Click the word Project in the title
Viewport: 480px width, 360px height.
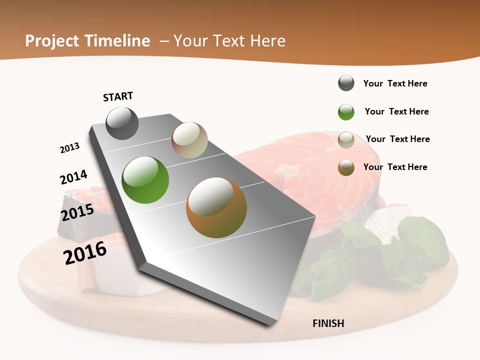pos(52,41)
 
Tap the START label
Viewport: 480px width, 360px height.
pos(118,96)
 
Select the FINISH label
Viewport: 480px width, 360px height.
pos(328,323)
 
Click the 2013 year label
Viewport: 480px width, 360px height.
pos(69,148)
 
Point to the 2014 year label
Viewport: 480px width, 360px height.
pos(73,177)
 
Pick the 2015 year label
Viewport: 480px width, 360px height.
pos(77,212)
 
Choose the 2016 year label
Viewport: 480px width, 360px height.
pos(85,252)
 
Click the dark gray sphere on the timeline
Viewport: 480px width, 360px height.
pos(122,123)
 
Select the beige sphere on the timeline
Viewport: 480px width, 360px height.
pos(189,140)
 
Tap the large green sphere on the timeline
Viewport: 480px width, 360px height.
pos(145,180)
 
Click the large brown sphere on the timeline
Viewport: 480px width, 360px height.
pos(216,207)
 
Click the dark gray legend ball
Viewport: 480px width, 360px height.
pos(346,83)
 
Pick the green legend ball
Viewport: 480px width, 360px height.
pos(346,112)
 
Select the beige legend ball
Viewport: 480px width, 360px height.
pos(346,140)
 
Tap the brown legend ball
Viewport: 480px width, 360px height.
pos(346,167)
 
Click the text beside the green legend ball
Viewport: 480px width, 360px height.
pos(396,111)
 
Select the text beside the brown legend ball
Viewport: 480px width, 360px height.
pos(395,167)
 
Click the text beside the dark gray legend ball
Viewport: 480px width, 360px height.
pos(395,83)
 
